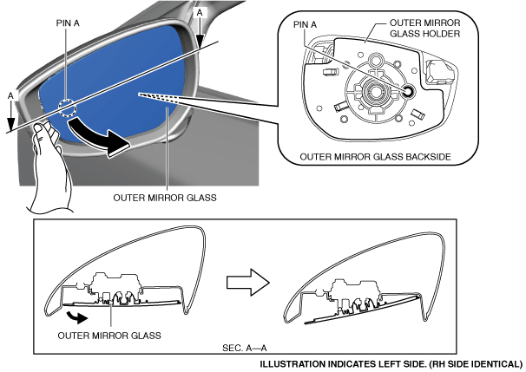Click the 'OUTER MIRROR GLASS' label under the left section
click(108, 335)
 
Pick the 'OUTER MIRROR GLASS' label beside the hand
click(165, 197)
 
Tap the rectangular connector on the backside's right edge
click(434, 69)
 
